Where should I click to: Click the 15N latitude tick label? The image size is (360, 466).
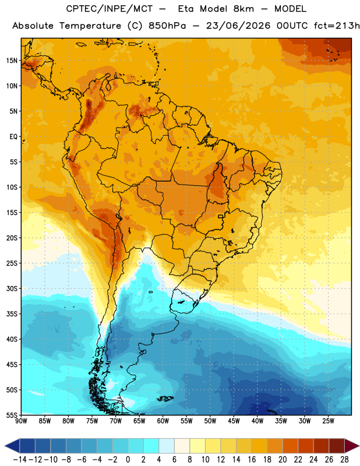point(12,61)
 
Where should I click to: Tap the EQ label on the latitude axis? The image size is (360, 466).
point(13,137)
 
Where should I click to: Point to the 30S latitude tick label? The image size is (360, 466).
point(12,289)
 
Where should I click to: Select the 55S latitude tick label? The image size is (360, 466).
point(12,415)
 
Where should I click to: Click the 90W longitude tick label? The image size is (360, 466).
point(21,421)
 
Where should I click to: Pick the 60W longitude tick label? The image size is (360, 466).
point(163,421)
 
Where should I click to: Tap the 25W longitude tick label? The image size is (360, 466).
point(328,421)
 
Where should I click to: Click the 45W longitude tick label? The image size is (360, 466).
point(234,421)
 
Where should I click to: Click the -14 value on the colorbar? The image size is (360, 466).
point(20,460)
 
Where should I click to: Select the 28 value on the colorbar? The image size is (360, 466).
point(344,460)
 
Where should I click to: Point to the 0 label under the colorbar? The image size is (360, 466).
point(128,460)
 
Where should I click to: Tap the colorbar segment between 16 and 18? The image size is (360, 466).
point(259,446)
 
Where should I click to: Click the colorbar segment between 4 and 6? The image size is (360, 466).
point(167,446)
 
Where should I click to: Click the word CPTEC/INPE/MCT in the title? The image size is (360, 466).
point(110,9)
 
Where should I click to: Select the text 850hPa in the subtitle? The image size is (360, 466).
point(167,26)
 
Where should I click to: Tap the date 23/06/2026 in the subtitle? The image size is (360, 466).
point(238,26)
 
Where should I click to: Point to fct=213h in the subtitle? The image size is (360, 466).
point(337,26)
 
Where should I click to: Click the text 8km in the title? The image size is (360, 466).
point(243,9)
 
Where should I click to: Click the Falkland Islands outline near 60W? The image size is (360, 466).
point(165,398)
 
